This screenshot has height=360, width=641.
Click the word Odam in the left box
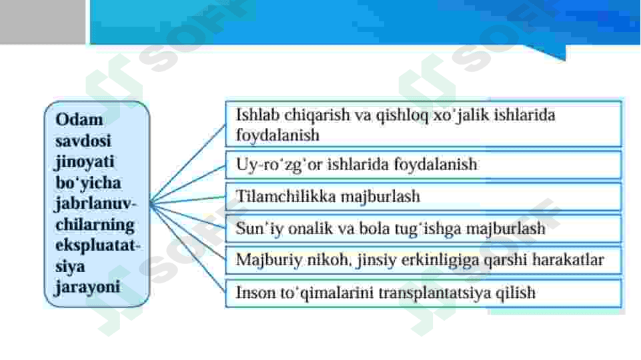[79, 120]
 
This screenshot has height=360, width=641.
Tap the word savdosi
[83, 141]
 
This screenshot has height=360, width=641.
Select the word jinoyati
[85, 162]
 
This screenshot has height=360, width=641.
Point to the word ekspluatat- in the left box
[97, 245]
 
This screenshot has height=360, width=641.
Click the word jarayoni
[87, 287]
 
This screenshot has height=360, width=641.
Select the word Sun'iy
[259, 229]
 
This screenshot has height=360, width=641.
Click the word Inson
[255, 293]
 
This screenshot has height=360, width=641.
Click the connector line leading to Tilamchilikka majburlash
[187, 199]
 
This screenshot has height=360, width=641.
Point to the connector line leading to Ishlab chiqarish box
[187, 163]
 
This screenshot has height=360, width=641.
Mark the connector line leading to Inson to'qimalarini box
[187, 247]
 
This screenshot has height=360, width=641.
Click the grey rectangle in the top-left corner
[43, 21]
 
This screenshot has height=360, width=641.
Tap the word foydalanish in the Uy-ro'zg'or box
[435, 164]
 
